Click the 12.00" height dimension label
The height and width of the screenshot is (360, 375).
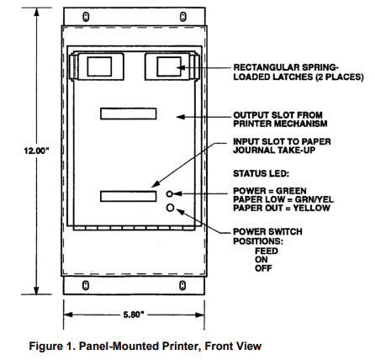point(36,151)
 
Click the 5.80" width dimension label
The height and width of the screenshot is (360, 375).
point(134,315)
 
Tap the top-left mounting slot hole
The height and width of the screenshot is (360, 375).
point(86,17)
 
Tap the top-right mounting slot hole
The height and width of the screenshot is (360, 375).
point(182,17)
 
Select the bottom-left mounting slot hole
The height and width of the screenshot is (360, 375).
point(86,285)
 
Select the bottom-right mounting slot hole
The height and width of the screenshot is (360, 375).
point(182,285)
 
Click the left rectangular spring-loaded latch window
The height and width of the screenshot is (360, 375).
point(99,66)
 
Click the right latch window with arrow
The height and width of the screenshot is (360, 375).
point(169,66)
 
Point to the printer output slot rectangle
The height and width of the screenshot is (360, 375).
point(129,114)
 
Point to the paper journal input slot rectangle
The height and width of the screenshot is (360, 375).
point(129,196)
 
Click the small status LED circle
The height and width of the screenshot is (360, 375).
point(170,193)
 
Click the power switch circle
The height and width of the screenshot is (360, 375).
point(171,208)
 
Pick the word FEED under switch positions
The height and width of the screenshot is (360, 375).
point(267,251)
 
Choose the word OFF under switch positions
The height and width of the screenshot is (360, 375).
point(263,268)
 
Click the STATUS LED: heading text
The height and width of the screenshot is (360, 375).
point(261,173)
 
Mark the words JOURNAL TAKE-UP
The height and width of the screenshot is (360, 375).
point(274,150)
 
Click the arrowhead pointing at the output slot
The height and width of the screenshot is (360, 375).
point(181,117)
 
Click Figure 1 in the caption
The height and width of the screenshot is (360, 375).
point(52,347)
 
